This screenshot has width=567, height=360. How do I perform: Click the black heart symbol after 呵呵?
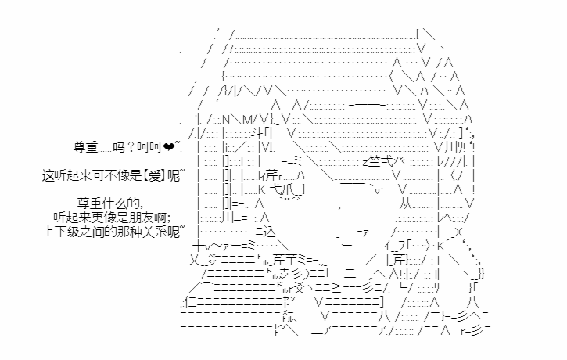coord(168,147)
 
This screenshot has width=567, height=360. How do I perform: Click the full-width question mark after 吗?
coord(131,147)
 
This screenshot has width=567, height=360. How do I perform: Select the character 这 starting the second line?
coord(48,176)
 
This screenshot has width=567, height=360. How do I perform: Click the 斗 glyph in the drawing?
coord(257,133)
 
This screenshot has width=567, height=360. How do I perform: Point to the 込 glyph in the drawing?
coord(269,232)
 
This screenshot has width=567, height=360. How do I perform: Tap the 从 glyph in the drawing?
coord(406,204)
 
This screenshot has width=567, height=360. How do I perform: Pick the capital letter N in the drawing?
coord(226,119)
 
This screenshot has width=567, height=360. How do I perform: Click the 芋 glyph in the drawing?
coord(292,259)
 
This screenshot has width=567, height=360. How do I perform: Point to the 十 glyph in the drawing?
coord(199,246)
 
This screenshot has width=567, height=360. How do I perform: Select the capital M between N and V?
coord(247,119)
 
